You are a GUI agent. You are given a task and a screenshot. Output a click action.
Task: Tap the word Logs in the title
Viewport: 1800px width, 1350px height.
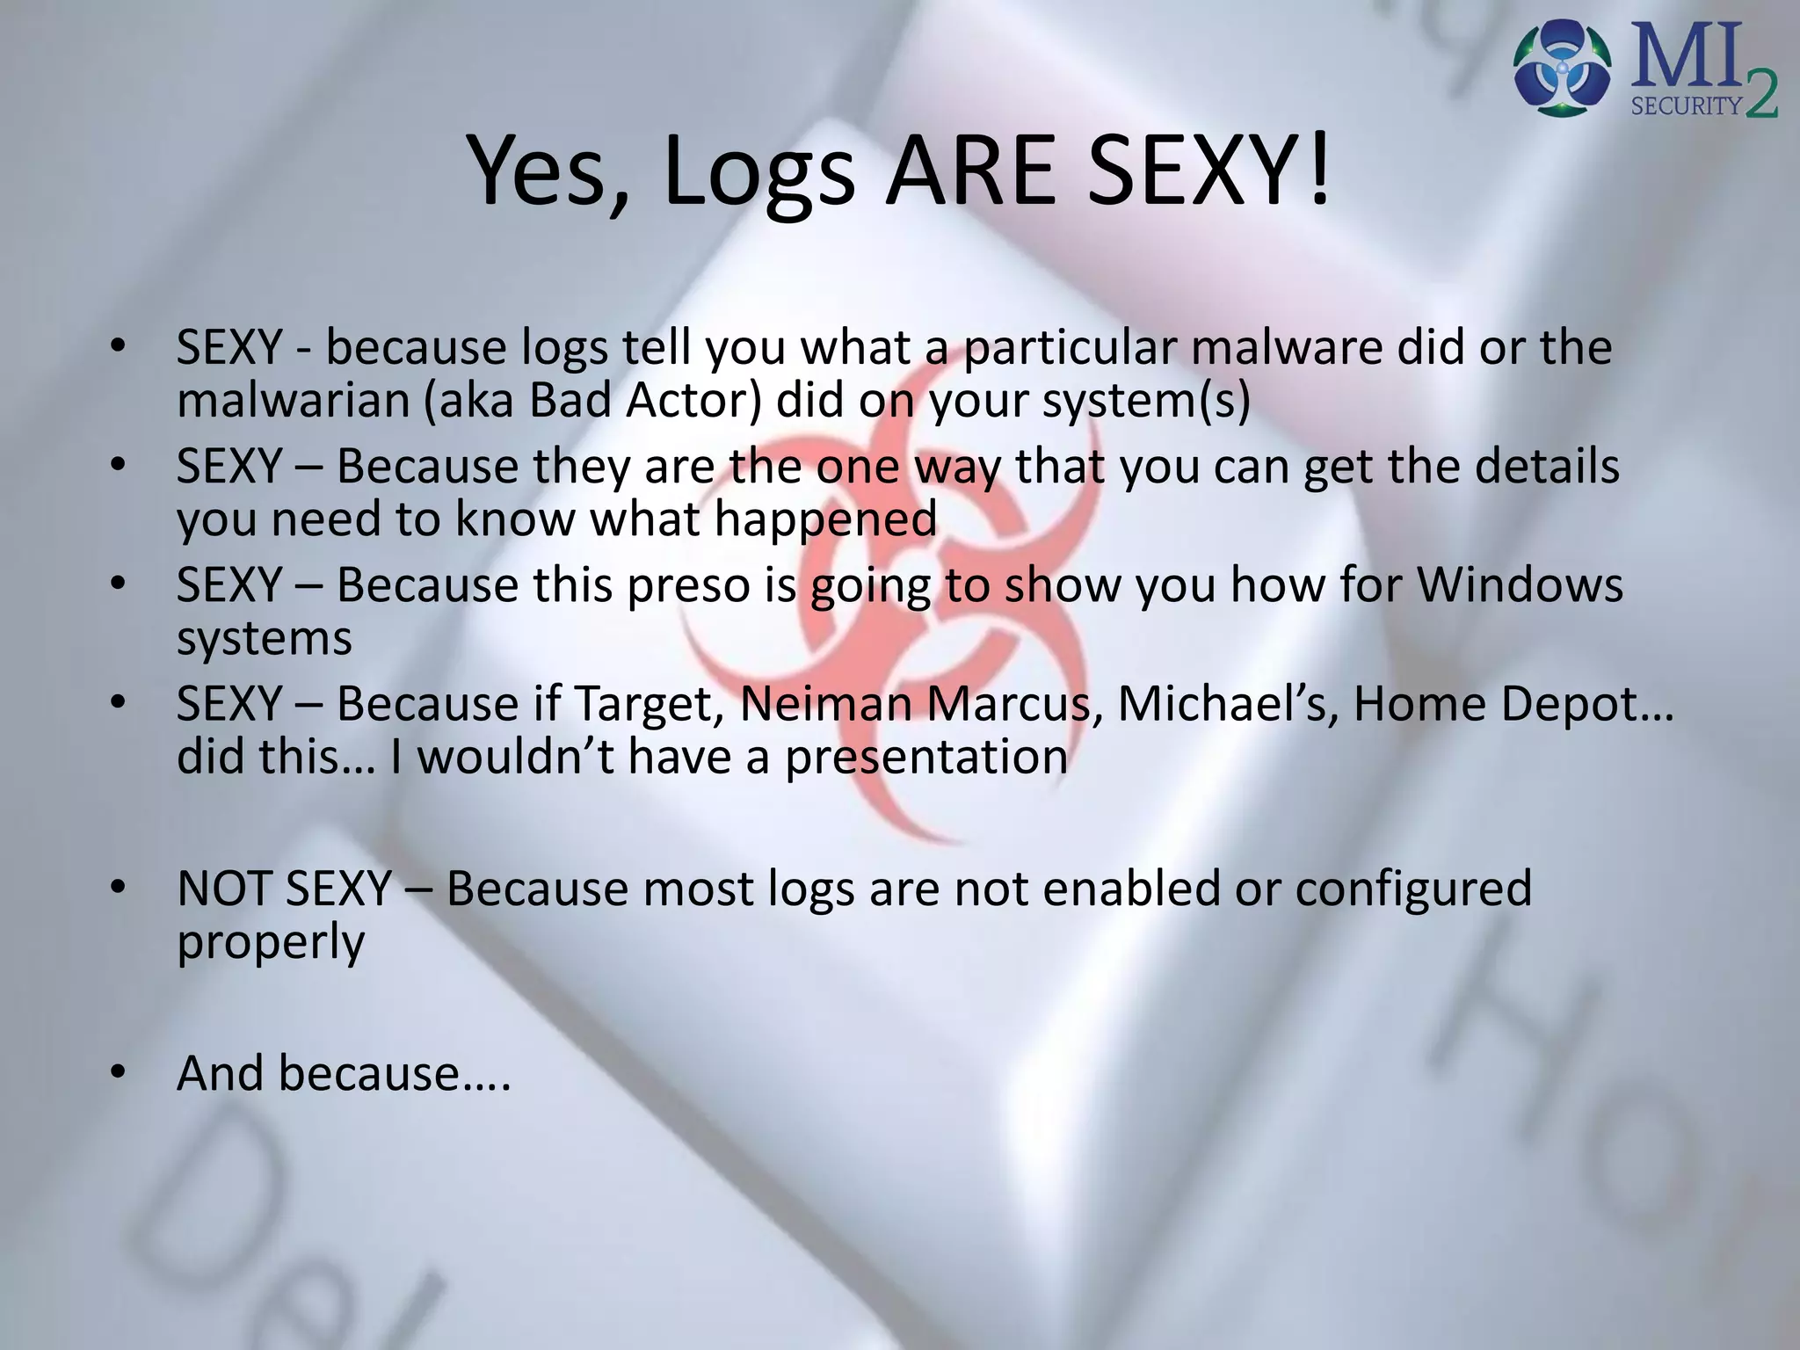point(759,174)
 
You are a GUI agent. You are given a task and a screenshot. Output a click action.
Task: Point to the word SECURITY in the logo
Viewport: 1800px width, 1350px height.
point(1686,106)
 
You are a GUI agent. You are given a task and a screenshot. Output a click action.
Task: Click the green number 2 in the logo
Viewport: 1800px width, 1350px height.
point(1760,96)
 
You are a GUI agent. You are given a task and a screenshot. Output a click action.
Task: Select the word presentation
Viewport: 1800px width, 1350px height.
point(926,758)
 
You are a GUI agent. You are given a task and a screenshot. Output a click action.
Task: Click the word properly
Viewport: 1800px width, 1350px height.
point(271,943)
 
